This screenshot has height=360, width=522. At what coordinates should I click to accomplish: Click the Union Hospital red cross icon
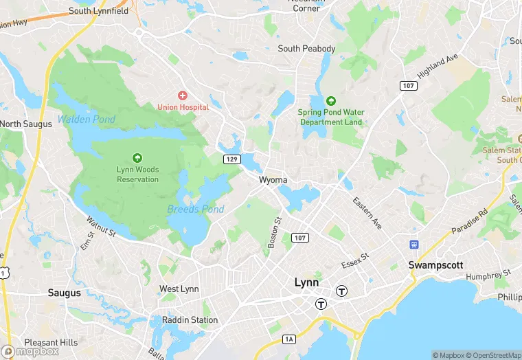click(183, 95)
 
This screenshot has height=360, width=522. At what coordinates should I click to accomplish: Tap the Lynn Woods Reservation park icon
click(137, 158)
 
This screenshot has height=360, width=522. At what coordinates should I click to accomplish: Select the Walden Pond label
click(87, 120)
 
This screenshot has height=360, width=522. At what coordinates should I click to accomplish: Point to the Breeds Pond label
click(196, 209)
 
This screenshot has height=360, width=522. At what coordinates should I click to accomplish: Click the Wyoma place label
click(273, 180)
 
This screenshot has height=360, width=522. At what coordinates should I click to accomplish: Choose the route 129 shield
click(231, 159)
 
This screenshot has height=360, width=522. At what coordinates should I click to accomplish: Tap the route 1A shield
click(289, 339)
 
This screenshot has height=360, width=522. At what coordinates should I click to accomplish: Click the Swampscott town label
click(435, 265)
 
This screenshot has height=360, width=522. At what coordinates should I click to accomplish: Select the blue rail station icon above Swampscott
click(414, 245)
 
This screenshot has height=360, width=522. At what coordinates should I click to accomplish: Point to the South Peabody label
click(306, 49)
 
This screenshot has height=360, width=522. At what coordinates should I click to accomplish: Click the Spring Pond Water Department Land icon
click(330, 101)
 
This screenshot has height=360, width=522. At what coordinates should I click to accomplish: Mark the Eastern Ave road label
click(367, 213)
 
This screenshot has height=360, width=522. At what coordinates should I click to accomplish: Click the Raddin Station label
click(190, 320)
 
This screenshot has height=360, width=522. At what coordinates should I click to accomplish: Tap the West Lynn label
click(179, 289)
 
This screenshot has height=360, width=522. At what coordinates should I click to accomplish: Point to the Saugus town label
click(64, 293)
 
